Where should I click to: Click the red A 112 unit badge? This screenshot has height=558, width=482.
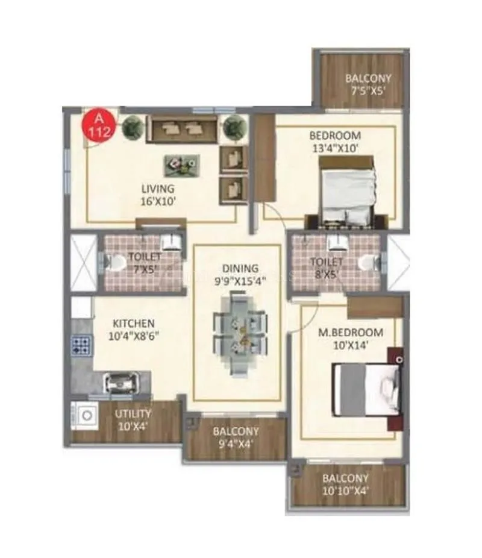pos(97,125)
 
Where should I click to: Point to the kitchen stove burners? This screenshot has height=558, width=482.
pos(81,345)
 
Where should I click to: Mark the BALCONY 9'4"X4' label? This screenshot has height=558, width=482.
pos(235,438)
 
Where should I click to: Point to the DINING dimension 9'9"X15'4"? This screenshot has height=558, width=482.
pos(239,280)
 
